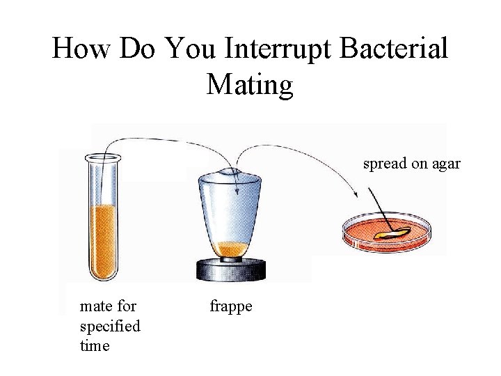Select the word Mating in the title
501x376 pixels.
pos(250,85)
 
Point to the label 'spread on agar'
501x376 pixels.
pos(411,165)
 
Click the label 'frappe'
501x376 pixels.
pos(231,306)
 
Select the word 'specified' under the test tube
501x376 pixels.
pos(110,325)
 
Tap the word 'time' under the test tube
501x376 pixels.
pos(95,345)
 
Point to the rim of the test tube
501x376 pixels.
pos(103,157)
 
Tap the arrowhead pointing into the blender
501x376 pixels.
pos(237,191)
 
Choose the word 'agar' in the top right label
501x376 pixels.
pos(446,165)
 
